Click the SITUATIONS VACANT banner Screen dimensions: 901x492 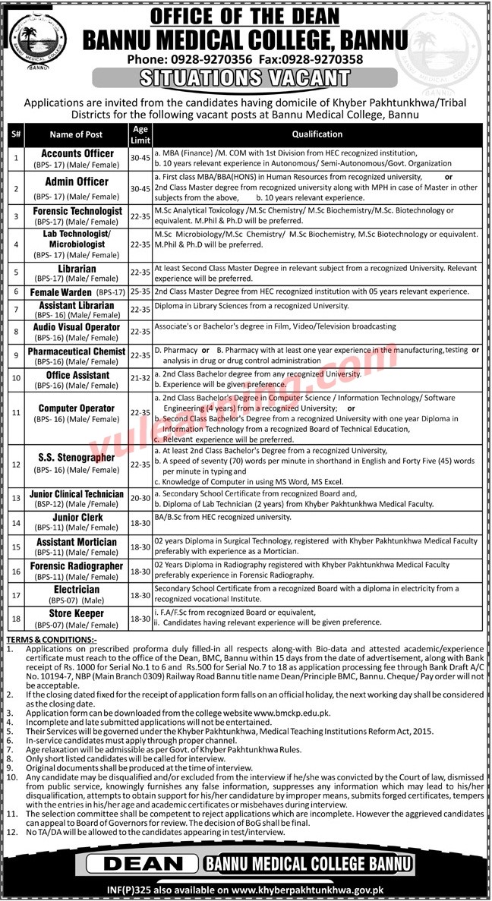click(x=246, y=77)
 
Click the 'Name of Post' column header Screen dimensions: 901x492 click(x=76, y=134)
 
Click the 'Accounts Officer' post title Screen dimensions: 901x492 click(x=77, y=153)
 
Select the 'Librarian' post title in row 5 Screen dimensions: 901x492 click(x=77, y=269)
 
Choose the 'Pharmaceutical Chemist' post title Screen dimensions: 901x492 click(x=77, y=352)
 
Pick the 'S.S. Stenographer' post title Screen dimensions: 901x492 click(x=77, y=458)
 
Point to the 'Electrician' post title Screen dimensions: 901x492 click(x=77, y=589)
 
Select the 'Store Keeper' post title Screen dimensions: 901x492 click(x=77, y=613)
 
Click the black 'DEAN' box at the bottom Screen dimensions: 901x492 click(x=142, y=864)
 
